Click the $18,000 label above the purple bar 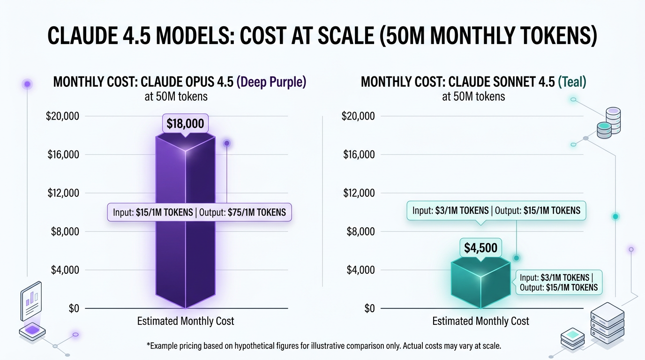click(x=185, y=124)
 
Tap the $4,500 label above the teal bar click(x=480, y=247)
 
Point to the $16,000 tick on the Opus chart click(x=63, y=155)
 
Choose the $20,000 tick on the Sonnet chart click(x=358, y=116)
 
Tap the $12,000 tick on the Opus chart click(x=63, y=193)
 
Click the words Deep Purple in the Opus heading click(x=271, y=82)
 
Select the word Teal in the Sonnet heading click(x=572, y=82)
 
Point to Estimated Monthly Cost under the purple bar click(x=186, y=322)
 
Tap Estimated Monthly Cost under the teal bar click(x=480, y=322)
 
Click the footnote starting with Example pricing click(x=323, y=346)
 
